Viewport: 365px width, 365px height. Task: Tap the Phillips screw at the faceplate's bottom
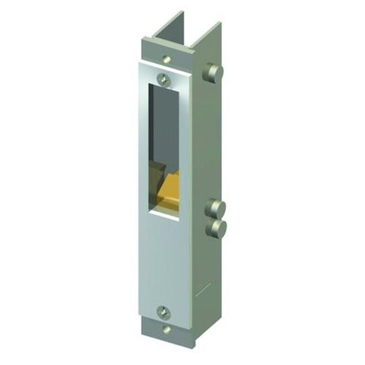coord(163,310)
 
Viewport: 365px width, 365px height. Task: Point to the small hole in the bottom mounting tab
coord(167,329)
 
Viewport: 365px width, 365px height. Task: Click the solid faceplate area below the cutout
coord(162,259)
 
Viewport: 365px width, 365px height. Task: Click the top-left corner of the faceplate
coord(141,65)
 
